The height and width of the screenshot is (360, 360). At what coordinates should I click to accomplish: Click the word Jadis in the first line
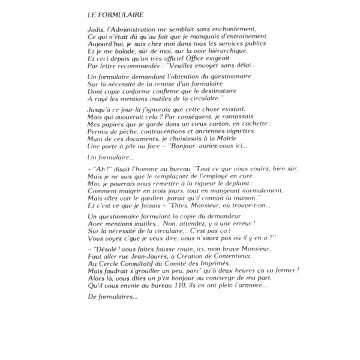point(95,29)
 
